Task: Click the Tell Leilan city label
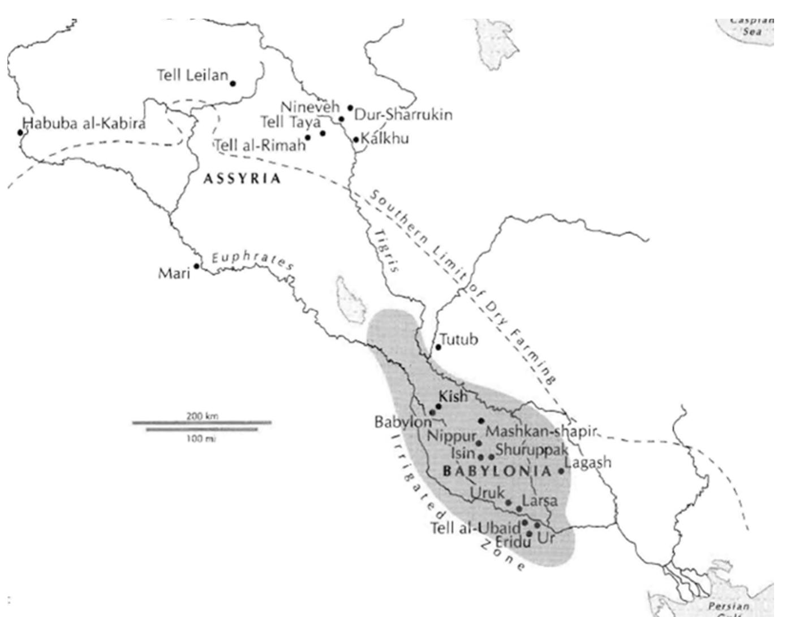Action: [x=192, y=75]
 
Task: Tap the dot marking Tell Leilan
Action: [x=233, y=83]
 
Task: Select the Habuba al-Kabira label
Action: [x=84, y=123]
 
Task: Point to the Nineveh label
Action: [x=310, y=106]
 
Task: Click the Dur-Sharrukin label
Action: [x=403, y=115]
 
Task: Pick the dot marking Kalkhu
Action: [x=356, y=139]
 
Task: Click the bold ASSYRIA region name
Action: [x=242, y=179]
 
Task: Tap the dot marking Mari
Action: [x=196, y=266]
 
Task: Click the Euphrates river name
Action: [x=252, y=260]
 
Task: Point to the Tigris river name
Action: [x=386, y=251]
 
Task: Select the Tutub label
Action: [x=459, y=339]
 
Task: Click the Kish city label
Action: [x=454, y=396]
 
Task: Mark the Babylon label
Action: [x=403, y=422]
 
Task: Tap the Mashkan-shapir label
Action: [x=541, y=432]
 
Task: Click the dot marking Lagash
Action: [x=561, y=471]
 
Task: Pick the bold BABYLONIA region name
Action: [x=497, y=471]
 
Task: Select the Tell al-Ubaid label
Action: [x=475, y=528]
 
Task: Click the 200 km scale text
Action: [x=202, y=416]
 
